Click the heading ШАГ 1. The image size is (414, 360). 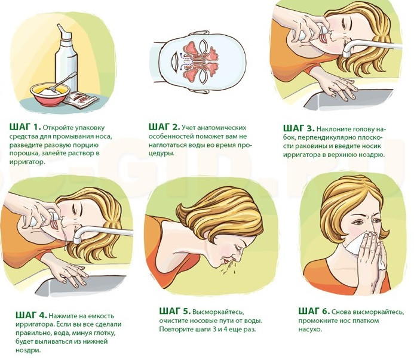click(25, 127)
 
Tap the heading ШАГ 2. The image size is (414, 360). click(164, 127)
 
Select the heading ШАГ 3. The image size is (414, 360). click(299, 128)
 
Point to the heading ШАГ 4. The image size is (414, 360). click(32, 315)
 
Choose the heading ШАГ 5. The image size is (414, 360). click(175, 311)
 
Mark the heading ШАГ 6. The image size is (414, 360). click(314, 311)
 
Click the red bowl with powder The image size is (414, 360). click(50, 94)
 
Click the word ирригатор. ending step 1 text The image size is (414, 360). click(26, 162)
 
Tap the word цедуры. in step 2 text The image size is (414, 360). click(161, 153)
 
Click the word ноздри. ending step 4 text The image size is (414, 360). click(29, 350)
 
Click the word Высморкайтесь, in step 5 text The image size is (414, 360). click(217, 312)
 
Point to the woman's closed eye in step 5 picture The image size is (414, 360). click(239, 248)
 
